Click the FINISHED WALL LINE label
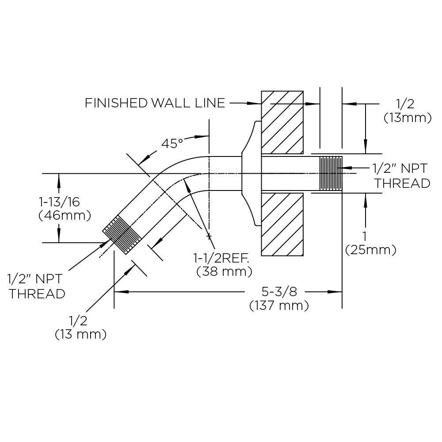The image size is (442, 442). (155, 103)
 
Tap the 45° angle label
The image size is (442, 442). (172, 143)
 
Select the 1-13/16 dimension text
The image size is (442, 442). (59, 202)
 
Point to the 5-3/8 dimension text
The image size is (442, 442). (279, 292)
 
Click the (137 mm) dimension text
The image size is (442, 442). (279, 305)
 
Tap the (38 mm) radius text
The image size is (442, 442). (225, 271)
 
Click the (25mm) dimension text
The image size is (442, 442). (370, 250)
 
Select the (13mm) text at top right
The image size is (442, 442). (408, 118)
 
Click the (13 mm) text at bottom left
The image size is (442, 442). (80, 334)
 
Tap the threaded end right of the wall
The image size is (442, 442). (331, 174)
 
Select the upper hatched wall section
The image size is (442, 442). (282, 120)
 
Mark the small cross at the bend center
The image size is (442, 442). (209, 237)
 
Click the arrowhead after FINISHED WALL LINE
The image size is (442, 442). (255, 103)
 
